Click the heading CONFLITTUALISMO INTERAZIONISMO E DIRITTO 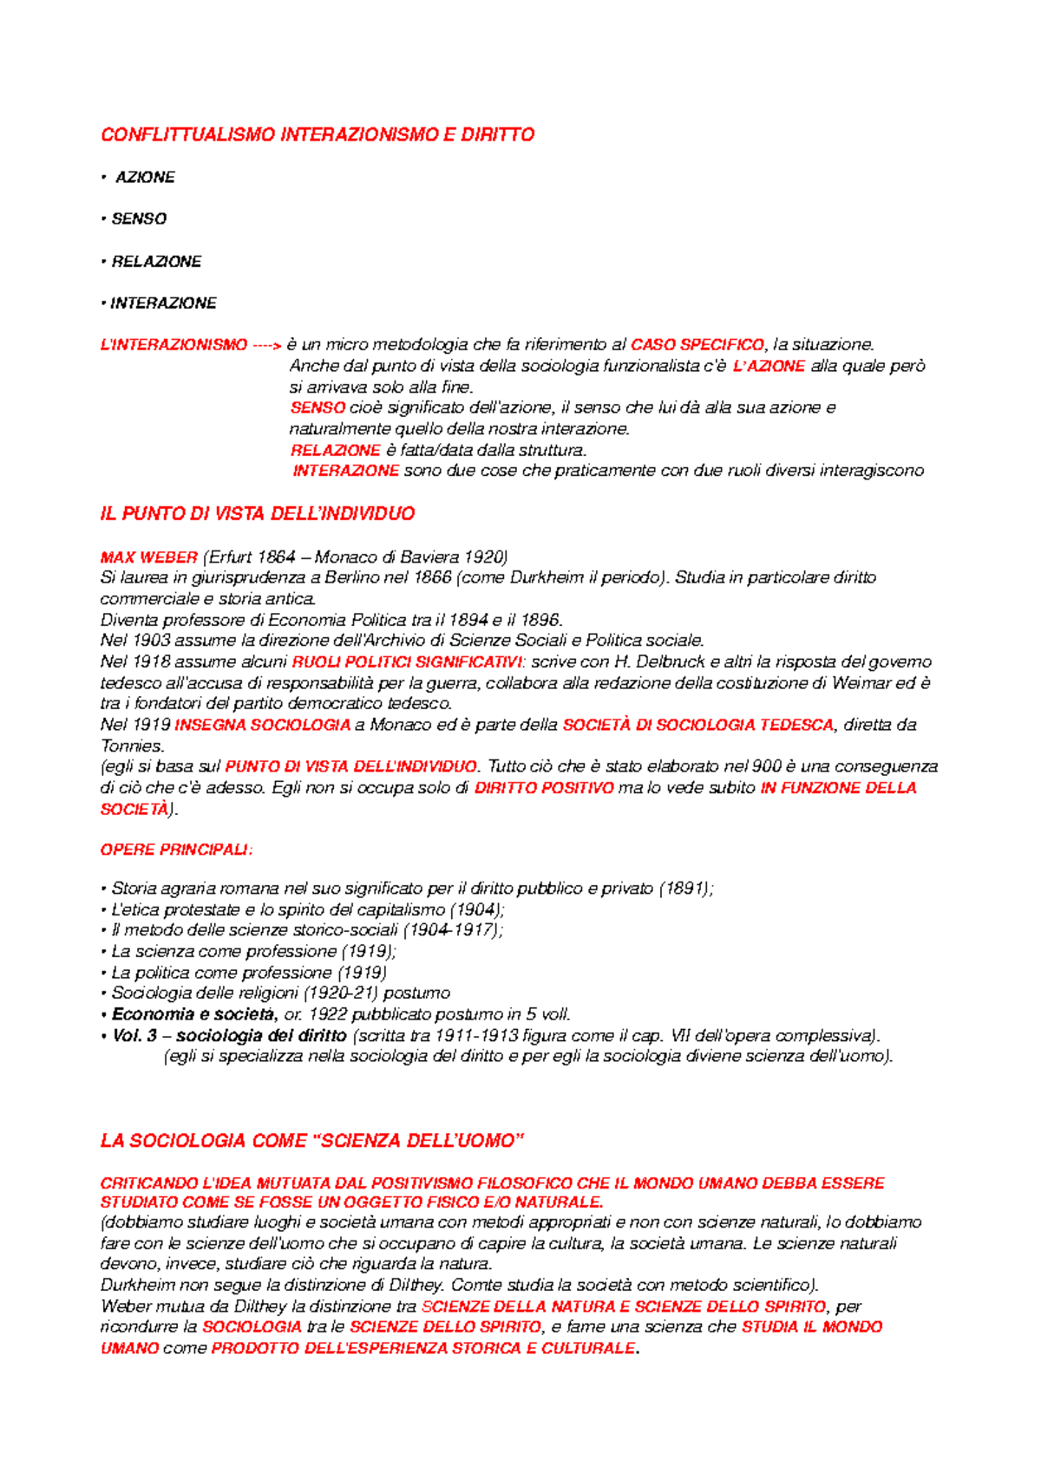318,134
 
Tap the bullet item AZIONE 145,177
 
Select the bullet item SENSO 139,218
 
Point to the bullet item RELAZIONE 156,261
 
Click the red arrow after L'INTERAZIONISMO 266,345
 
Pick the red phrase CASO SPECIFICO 697,345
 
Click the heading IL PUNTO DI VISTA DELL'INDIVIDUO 258,514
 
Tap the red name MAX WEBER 148,557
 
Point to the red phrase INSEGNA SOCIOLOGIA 263,725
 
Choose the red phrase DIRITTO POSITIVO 544,788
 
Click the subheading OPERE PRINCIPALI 176,850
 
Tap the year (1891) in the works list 685,889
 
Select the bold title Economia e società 194,1014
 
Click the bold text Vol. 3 134,1035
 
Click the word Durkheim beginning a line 134,1285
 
